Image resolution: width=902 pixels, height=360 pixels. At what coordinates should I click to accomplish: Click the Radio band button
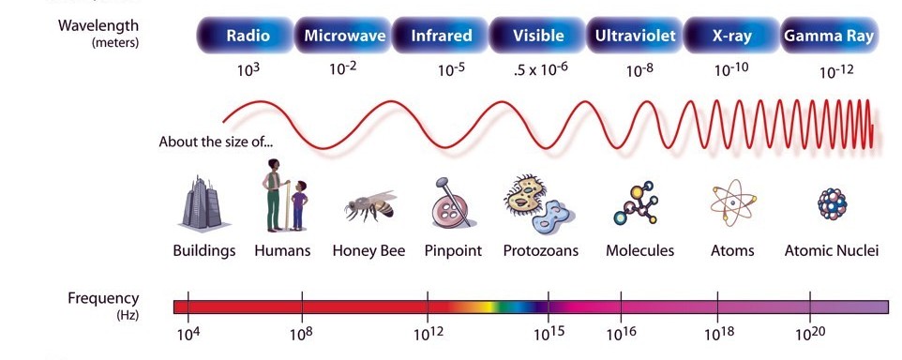pyautogui.click(x=248, y=37)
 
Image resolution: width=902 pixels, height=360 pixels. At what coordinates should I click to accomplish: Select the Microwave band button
pyautogui.click(x=344, y=37)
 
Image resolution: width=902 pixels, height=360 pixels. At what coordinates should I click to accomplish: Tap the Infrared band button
pyautogui.click(x=442, y=37)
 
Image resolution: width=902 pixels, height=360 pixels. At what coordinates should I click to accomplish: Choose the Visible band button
pyautogui.click(x=539, y=37)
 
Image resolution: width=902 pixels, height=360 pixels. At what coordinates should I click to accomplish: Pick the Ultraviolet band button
pyautogui.click(x=635, y=37)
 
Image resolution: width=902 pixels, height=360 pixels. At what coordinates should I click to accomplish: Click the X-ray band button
pyautogui.click(x=731, y=37)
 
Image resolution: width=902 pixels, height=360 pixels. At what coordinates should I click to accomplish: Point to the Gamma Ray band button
pyautogui.click(x=829, y=37)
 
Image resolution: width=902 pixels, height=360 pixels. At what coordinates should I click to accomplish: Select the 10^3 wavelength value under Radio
pyautogui.click(x=247, y=70)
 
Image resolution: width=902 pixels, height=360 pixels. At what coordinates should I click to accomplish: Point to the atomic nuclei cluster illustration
pyautogui.click(x=831, y=203)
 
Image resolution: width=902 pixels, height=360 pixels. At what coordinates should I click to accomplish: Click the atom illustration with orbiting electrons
pyautogui.click(x=731, y=202)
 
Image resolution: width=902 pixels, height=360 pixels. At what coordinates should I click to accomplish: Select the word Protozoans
pyautogui.click(x=541, y=251)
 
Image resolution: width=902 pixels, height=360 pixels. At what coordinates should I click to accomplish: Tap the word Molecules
pyautogui.click(x=640, y=251)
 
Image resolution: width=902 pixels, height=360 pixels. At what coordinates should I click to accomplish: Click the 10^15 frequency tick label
pyautogui.click(x=548, y=335)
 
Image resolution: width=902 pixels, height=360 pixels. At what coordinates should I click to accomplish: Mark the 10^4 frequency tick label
pyautogui.click(x=188, y=335)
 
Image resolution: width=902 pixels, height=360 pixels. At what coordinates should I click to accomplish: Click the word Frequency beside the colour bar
pyautogui.click(x=103, y=299)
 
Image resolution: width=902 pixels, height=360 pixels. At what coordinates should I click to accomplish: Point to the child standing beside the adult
pyautogui.click(x=298, y=205)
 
